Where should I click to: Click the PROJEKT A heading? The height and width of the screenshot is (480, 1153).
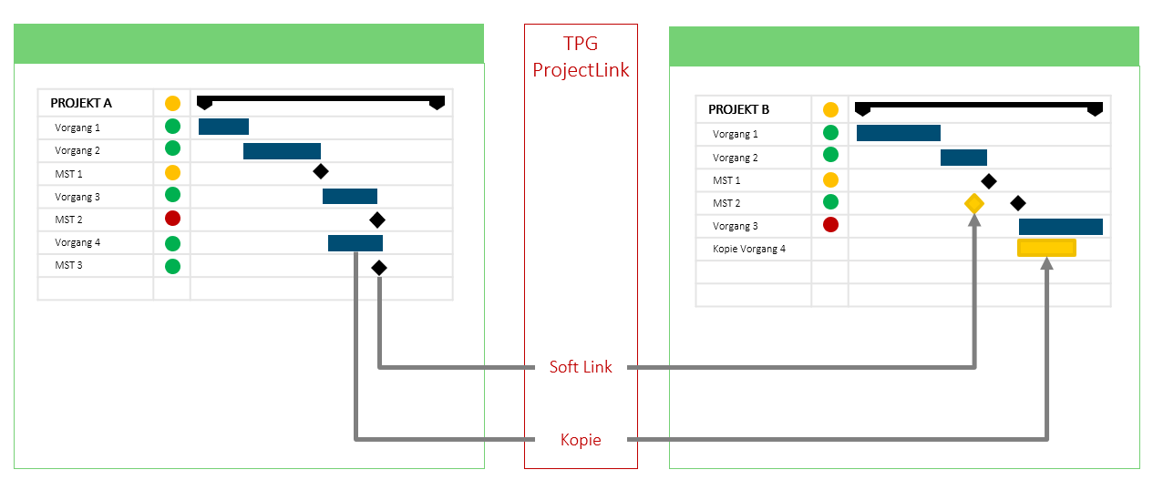(x=81, y=104)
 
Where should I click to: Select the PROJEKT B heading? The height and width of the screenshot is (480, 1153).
(x=739, y=110)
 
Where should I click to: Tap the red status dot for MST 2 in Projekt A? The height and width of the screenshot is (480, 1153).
(x=172, y=219)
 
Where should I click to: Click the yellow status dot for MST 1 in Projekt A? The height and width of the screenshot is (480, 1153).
(x=172, y=172)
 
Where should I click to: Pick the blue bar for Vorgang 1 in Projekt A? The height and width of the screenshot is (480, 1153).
(x=223, y=127)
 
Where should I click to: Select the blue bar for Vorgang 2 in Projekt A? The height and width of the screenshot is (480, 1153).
(x=282, y=151)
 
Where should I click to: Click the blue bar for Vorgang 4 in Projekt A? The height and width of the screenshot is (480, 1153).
(x=355, y=242)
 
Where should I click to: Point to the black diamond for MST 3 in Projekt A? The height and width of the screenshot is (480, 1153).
(x=379, y=268)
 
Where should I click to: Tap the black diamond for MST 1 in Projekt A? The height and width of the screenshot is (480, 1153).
(x=320, y=171)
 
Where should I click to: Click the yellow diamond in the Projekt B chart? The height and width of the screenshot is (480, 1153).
(x=974, y=203)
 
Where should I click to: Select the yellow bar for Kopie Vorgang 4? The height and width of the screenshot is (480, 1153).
(x=1046, y=248)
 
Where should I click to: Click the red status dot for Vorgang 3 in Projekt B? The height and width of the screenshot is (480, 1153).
(x=830, y=225)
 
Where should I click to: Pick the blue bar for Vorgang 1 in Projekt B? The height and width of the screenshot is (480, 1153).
(x=898, y=134)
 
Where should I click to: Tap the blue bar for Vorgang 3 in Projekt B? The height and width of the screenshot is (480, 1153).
(x=1060, y=227)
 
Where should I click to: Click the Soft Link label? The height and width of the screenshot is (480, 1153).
(x=581, y=367)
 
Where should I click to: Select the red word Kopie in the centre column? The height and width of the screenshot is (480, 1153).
(x=581, y=440)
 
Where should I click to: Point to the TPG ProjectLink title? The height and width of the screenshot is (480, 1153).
(x=581, y=57)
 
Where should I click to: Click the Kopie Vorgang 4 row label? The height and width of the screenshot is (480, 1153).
(x=748, y=249)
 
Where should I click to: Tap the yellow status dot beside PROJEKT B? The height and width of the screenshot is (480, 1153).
(x=830, y=110)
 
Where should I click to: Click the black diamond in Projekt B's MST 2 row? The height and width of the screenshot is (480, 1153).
(x=1018, y=203)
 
